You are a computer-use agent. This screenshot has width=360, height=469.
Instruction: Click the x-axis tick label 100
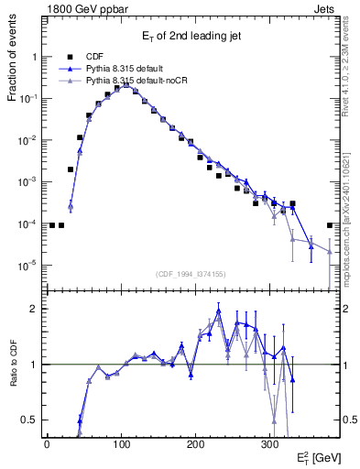point(121,443)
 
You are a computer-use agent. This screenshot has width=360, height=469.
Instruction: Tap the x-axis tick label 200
point(195,443)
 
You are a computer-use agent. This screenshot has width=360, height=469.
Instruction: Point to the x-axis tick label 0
point(47,443)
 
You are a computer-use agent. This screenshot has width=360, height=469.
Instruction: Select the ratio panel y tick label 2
point(33,309)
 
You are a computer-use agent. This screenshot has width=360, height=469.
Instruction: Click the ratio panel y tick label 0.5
point(29,420)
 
